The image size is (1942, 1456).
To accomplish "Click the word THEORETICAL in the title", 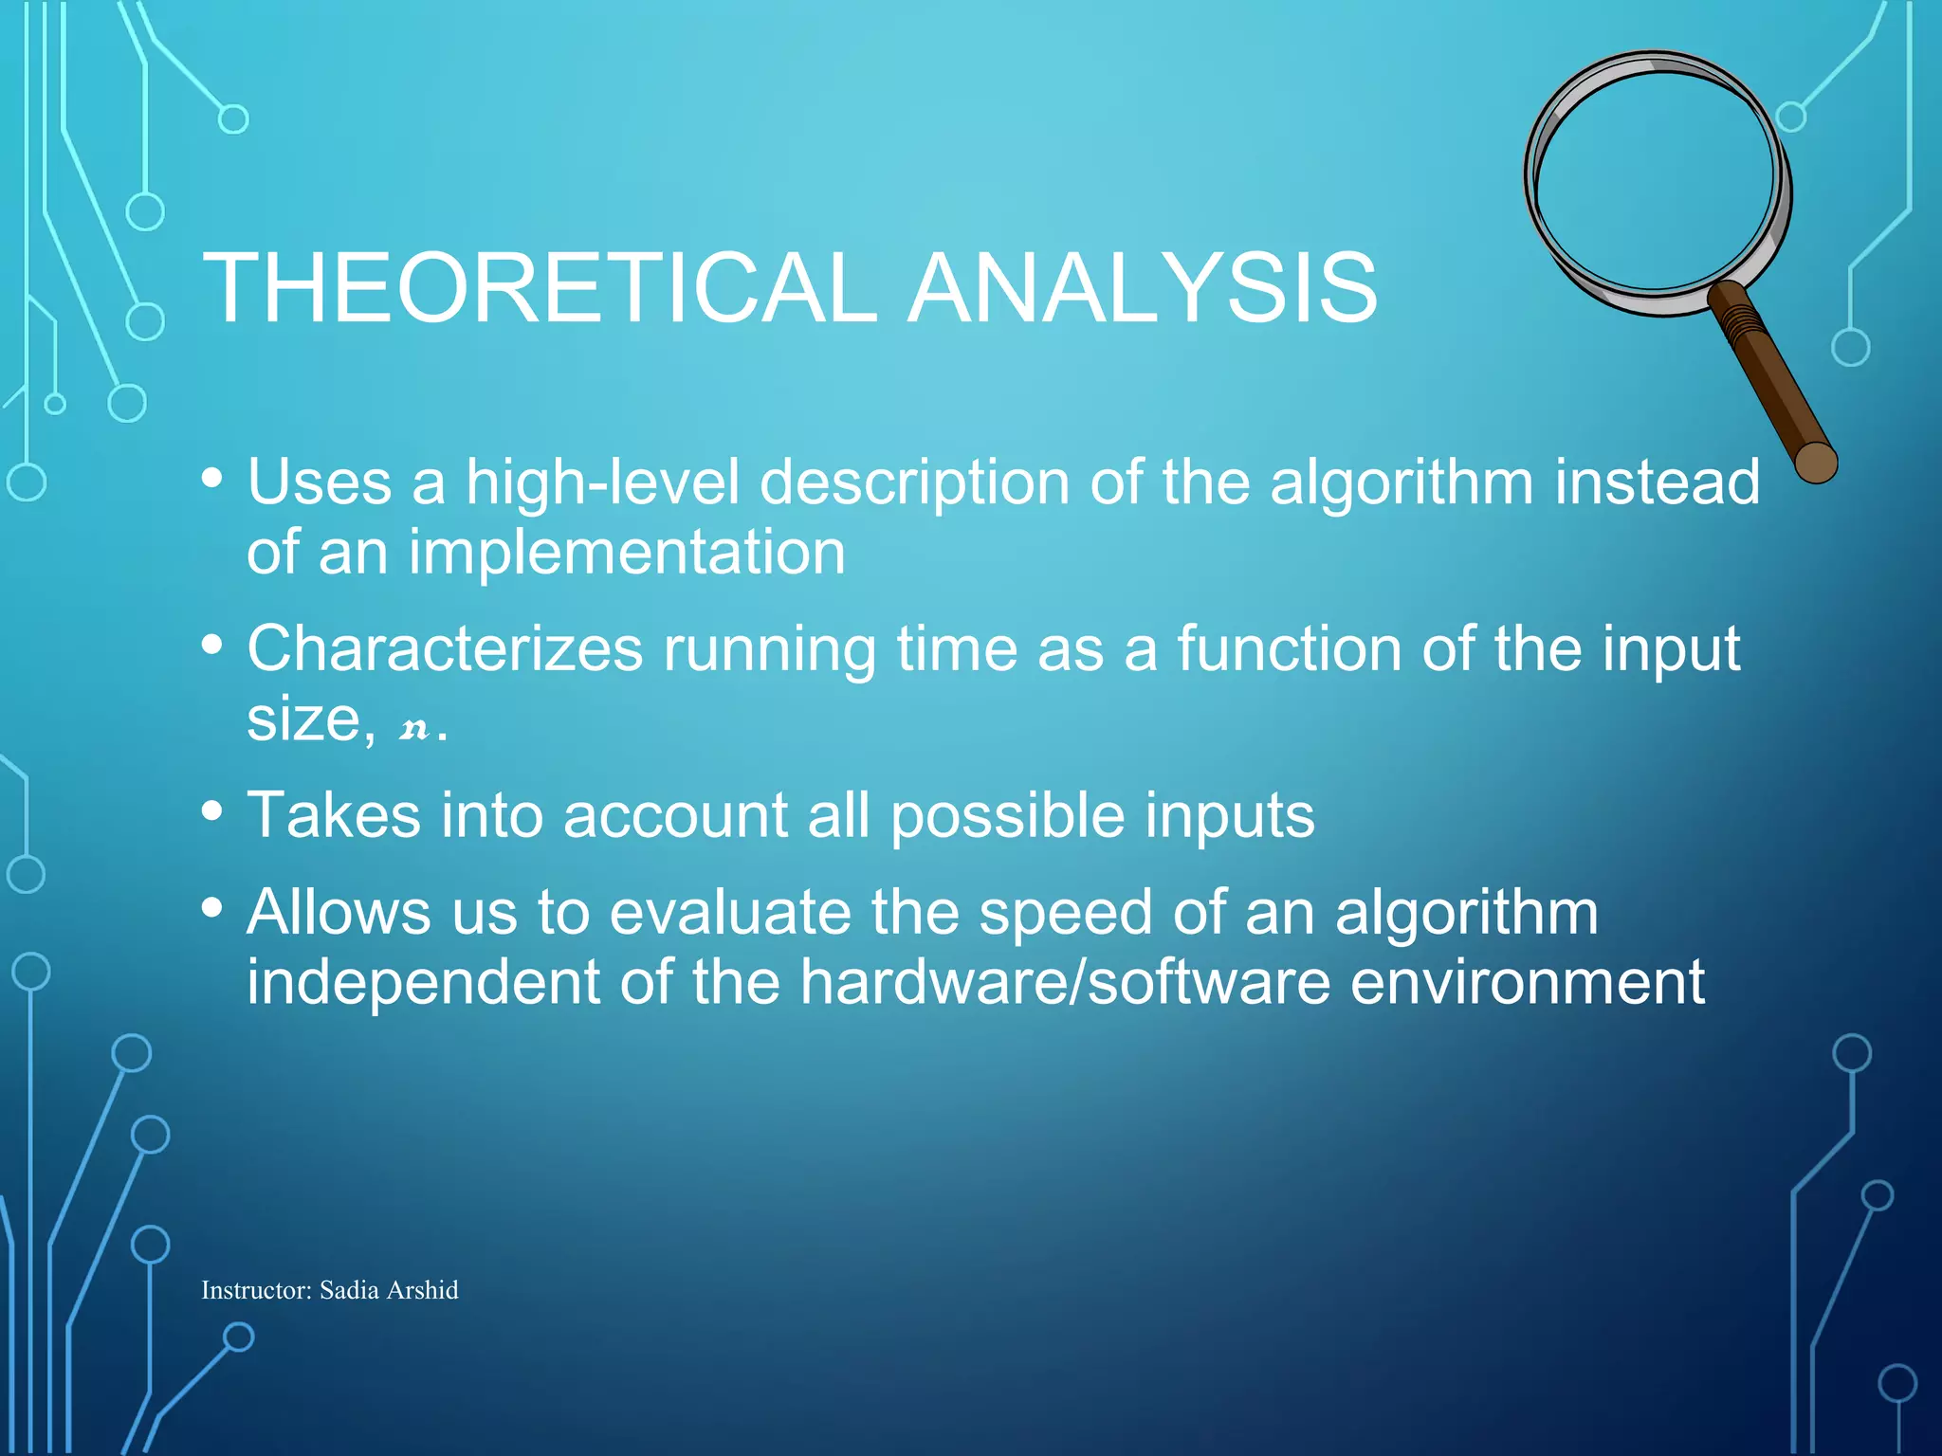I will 540,288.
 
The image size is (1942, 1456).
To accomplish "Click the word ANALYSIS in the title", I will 1142,288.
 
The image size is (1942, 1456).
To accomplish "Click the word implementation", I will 627,553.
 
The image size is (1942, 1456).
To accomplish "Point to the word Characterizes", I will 445,650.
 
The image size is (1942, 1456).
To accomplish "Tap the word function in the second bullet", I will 1289,650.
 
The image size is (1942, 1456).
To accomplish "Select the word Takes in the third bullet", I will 333,815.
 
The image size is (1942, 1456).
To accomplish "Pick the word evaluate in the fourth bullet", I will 729,913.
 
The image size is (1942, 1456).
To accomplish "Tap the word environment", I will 1527,982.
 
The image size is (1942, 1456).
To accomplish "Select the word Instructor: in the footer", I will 256,1290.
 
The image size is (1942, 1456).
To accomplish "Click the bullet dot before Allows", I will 212,908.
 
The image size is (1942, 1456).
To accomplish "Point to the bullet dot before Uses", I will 212,478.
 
